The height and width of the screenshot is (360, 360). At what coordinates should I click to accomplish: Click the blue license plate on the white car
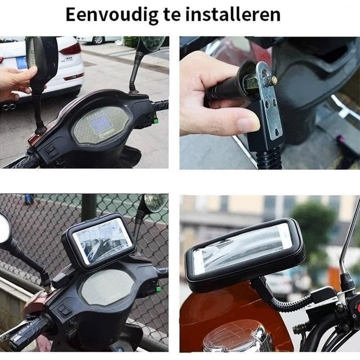(21, 63)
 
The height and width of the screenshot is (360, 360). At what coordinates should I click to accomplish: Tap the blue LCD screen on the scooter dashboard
(100, 122)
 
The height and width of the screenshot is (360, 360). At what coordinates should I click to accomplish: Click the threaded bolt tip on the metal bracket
(273, 81)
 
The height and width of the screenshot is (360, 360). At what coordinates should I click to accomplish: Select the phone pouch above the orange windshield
(244, 254)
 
